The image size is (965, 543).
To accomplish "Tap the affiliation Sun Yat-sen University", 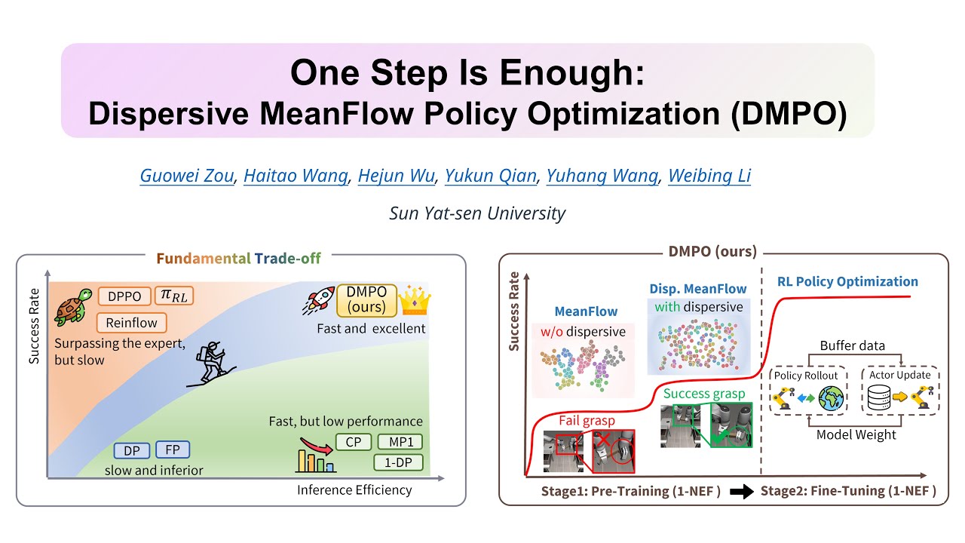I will pos(477,213).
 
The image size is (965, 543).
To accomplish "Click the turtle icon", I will pos(73,305).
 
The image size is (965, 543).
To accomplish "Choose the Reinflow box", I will pos(131,323).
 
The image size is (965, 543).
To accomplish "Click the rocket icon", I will pos(320,299).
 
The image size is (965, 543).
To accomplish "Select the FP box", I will pos(172,450).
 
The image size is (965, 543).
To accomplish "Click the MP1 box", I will pos(400,442).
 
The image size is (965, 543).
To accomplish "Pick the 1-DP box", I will pos(399,462).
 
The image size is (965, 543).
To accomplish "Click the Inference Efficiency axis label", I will pos(354,490).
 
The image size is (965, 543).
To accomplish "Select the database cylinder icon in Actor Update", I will pos(878,399).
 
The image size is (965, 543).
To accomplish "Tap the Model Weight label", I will pos(854,434).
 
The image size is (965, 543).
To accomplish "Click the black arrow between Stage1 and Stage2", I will pos(740,492).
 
